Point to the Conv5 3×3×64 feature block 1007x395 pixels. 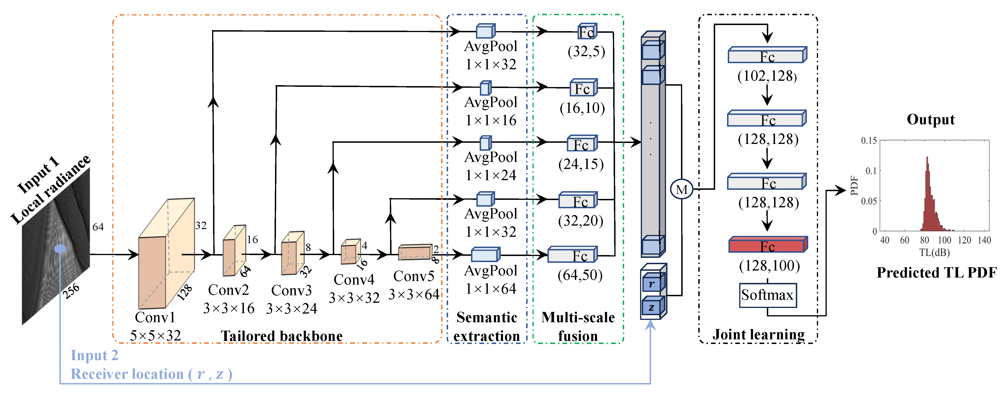click(415, 252)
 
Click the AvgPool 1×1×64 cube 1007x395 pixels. click(485, 255)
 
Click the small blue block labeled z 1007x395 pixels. click(652, 307)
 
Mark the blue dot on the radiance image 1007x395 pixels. click(60, 249)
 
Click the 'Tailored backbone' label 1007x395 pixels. click(282, 336)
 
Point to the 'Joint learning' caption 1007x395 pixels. click(758, 334)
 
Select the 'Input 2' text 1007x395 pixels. click(94, 355)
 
